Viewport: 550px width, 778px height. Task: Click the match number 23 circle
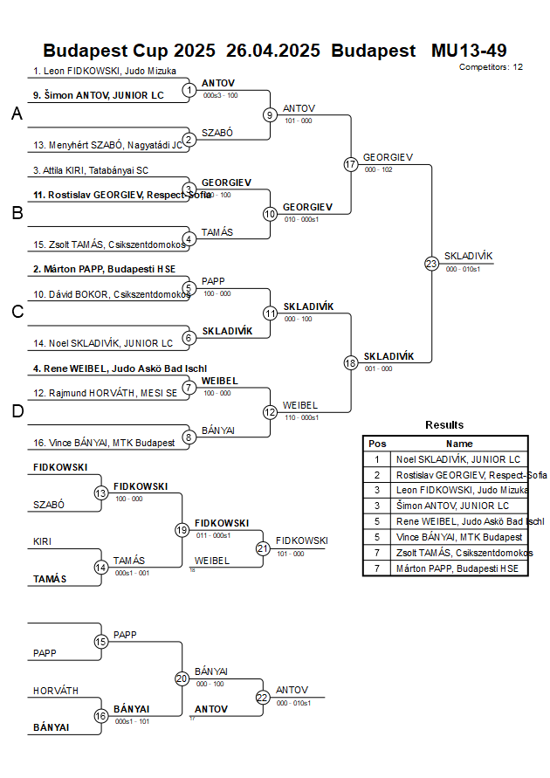click(431, 263)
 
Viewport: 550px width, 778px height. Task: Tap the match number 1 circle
click(189, 89)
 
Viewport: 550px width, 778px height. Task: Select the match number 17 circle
click(351, 164)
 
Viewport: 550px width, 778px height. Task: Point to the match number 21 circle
click(263, 548)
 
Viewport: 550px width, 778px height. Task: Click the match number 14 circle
click(101, 567)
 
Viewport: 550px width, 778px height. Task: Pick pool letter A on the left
click(17, 114)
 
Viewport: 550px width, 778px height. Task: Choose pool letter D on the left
click(17, 411)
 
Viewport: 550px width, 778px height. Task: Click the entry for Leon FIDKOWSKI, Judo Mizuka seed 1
click(105, 71)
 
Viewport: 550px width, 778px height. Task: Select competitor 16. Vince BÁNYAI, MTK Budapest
click(104, 443)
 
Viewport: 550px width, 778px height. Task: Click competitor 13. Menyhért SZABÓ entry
click(107, 145)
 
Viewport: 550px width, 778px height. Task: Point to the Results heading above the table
click(444, 425)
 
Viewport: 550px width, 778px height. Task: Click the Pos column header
click(377, 444)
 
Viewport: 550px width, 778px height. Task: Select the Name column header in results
click(459, 444)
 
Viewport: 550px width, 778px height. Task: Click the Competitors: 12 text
click(491, 66)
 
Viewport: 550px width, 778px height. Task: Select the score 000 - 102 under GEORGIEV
click(378, 169)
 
